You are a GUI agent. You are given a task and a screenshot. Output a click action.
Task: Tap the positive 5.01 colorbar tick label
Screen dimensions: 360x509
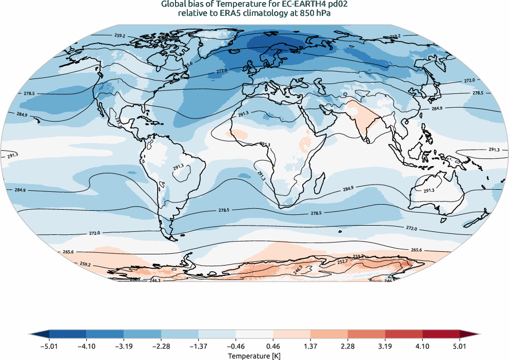(x=460, y=346)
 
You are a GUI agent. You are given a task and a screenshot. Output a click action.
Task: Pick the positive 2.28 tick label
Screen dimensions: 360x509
(x=348, y=346)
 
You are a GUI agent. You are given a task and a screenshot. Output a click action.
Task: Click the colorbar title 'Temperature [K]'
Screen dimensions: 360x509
(x=254, y=355)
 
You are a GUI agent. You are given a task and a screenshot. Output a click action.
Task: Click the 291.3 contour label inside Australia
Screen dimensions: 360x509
(x=429, y=190)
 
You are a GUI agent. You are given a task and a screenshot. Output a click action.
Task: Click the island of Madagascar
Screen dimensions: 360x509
(x=322, y=181)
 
